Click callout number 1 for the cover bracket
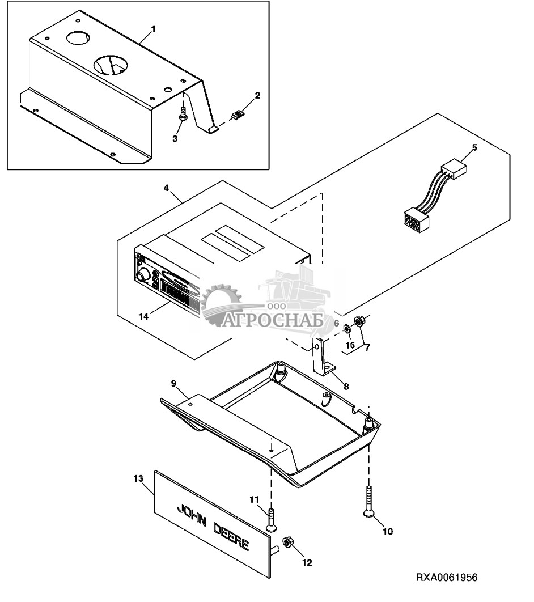tap(152, 28)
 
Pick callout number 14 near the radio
tap(144, 316)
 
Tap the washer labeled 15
tap(347, 328)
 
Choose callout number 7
tap(367, 347)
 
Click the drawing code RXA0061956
tap(447, 578)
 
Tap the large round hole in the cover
tap(111, 65)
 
